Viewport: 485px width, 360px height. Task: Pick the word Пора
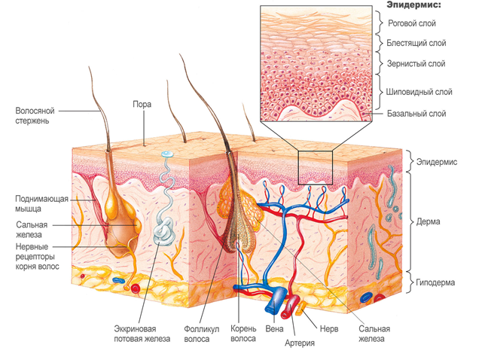142,105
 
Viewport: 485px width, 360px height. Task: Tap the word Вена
273,328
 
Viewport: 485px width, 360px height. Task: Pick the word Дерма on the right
431,222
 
